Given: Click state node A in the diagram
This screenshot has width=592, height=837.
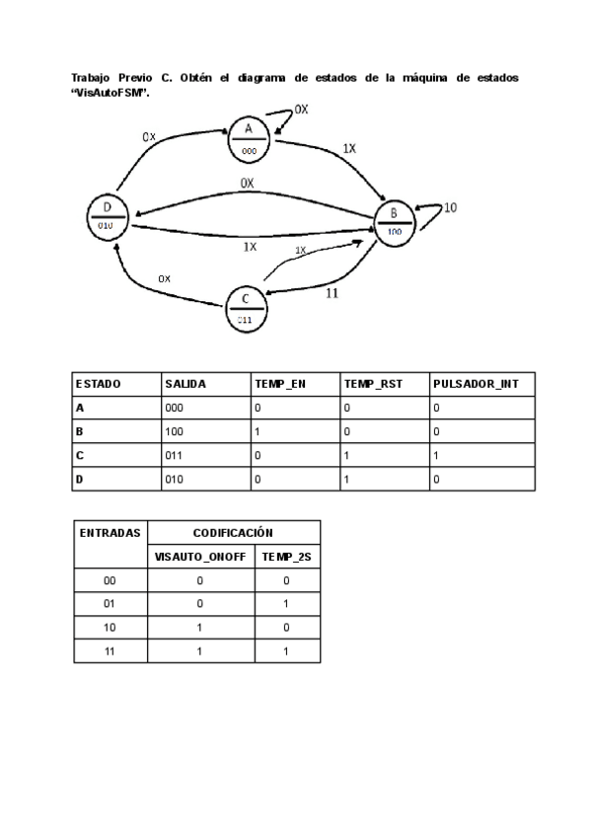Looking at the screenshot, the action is click(x=250, y=137).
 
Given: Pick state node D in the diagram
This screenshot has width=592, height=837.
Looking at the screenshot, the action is click(x=107, y=214).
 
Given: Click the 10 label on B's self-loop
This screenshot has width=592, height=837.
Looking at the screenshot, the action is click(x=450, y=208).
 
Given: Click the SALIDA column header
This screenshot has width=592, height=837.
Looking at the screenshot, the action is click(x=185, y=383).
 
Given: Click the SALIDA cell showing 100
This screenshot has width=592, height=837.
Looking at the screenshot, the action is click(x=174, y=431).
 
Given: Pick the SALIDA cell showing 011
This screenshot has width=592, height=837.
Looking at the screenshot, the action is click(x=174, y=456).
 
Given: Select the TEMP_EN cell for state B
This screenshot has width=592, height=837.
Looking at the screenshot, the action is click(x=259, y=431).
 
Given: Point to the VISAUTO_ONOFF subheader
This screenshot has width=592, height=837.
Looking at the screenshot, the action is click(x=200, y=557).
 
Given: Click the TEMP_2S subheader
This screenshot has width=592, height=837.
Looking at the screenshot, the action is click(x=287, y=557).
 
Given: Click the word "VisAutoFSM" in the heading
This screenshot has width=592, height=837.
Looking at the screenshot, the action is click(x=109, y=92).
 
